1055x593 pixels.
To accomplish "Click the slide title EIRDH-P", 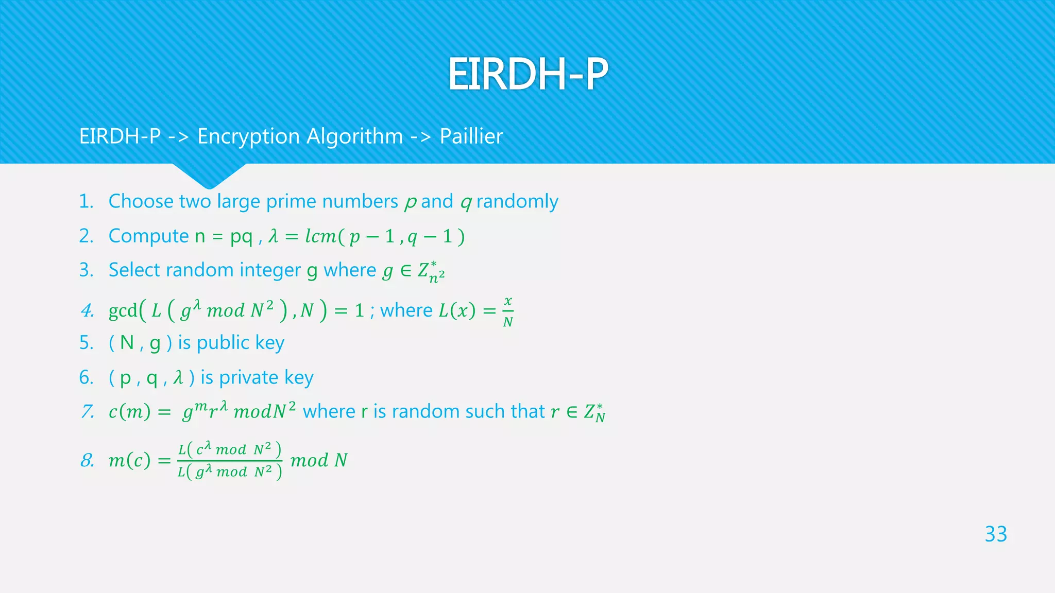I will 527,75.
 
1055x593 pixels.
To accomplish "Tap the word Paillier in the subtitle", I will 471,136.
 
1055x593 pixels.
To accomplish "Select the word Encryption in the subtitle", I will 248,137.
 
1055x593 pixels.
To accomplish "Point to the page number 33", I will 995,534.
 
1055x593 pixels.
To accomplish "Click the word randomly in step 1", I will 517,201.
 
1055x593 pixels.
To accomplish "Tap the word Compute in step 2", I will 148,236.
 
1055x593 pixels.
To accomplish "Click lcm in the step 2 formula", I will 320,236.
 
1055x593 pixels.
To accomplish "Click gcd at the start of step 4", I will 123,310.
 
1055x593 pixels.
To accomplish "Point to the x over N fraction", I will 508,311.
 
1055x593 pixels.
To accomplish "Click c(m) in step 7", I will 129,412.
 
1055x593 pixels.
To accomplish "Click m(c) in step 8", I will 129,460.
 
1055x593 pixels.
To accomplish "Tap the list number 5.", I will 86,343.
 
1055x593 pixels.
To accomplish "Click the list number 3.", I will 86,270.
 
